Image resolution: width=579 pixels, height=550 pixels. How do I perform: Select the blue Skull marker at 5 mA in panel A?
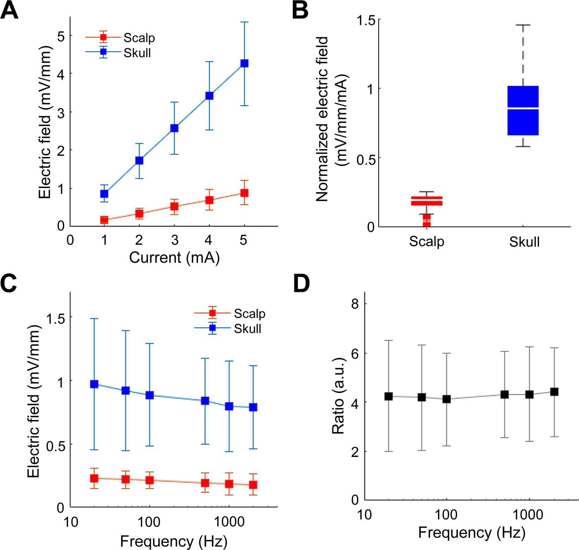tap(244, 63)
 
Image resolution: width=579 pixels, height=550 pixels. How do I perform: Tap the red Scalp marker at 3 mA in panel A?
tap(174, 206)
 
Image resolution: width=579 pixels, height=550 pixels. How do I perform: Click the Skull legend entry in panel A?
tap(137, 53)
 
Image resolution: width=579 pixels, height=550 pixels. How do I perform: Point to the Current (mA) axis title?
tap(174, 257)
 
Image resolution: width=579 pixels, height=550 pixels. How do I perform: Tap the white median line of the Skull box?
tap(523, 108)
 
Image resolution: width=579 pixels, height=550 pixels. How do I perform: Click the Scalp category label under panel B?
tap(426, 242)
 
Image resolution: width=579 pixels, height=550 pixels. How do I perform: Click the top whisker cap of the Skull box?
tap(523, 25)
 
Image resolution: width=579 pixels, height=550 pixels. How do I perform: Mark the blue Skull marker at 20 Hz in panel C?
tap(94, 384)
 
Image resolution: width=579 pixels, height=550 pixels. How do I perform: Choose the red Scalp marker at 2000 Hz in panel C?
tap(253, 485)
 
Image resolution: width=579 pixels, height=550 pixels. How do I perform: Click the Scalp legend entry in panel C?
tap(249, 313)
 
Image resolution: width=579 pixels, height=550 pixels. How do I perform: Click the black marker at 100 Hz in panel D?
tap(447, 399)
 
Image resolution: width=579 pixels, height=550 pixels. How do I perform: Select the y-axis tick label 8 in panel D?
tap(355, 304)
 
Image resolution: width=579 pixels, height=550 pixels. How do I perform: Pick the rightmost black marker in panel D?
tap(554, 392)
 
